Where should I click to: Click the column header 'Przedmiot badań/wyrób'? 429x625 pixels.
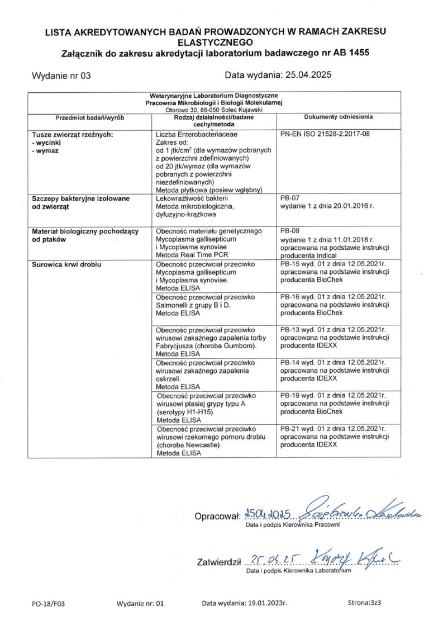pos(89,117)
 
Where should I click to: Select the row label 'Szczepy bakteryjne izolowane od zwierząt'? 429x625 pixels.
pos(80,202)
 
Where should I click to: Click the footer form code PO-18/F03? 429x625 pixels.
pos(49,603)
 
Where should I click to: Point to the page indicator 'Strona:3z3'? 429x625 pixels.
pos(364,603)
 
